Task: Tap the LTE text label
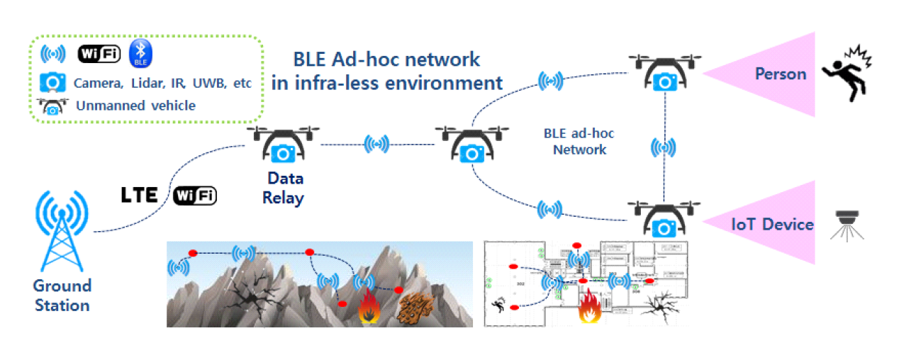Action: (x=139, y=195)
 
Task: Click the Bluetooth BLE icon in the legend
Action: (x=142, y=54)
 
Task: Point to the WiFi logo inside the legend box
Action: (x=99, y=54)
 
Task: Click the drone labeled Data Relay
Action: (x=282, y=145)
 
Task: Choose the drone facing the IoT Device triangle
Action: (x=664, y=219)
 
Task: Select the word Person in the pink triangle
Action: (x=780, y=74)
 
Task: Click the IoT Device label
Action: (x=772, y=225)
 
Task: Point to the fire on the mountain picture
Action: (x=368, y=308)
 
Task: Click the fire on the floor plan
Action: (x=589, y=306)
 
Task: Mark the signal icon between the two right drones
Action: (x=664, y=147)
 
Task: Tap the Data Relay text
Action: (x=282, y=189)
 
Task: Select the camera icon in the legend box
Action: (x=53, y=81)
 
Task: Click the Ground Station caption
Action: (x=62, y=296)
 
